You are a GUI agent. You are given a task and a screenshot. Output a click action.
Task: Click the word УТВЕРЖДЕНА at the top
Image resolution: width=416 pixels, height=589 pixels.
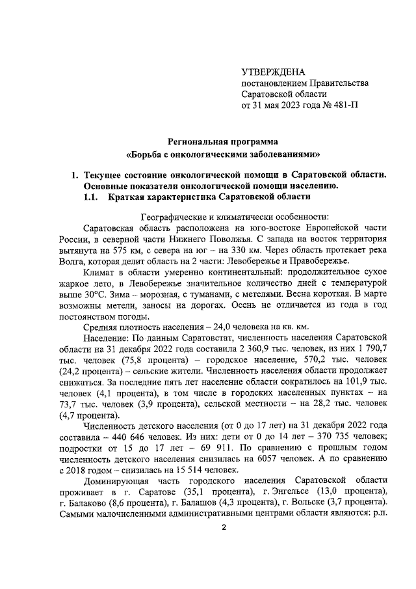pos(273,71)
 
